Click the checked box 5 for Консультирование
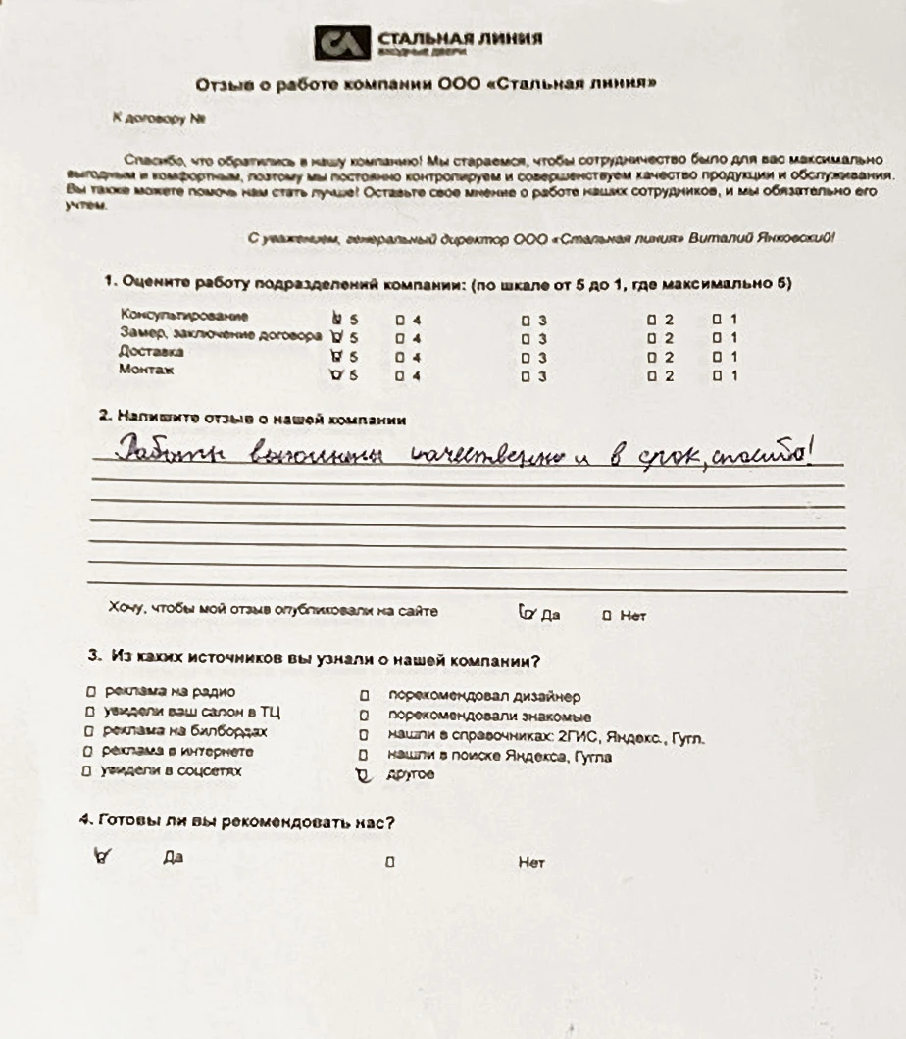338,319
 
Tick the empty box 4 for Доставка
400,357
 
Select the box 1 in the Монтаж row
717,376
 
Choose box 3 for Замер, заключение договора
526,338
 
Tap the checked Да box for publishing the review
528,615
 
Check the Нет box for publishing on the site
607,617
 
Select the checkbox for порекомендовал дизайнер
363,697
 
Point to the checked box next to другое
364,775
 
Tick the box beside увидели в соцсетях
90,771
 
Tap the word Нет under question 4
530,864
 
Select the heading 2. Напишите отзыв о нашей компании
252,418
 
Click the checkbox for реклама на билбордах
89,732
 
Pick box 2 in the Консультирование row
651,320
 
